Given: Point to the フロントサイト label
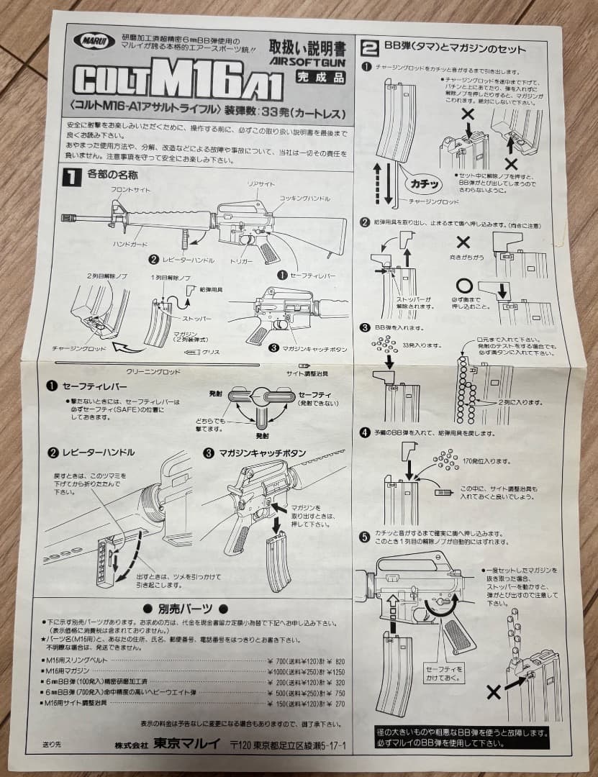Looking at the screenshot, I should tap(130, 188).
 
